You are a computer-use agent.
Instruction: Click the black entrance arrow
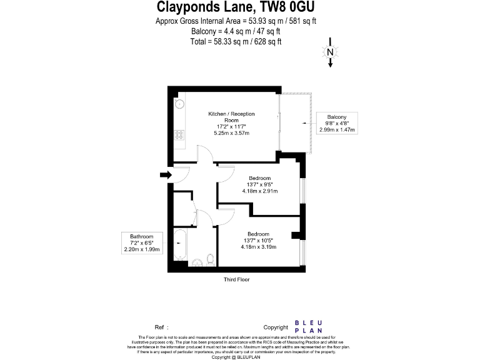click(x=165, y=175)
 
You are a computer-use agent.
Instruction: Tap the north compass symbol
click(x=330, y=53)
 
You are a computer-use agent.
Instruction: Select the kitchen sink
click(x=178, y=104)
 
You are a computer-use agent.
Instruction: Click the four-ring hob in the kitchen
click(x=178, y=135)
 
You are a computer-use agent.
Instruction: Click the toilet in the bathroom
click(x=211, y=259)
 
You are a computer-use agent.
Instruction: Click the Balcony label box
click(x=337, y=123)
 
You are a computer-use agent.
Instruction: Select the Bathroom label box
click(x=142, y=242)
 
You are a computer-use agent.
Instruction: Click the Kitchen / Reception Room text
click(x=231, y=117)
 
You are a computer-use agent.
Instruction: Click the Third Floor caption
click(x=236, y=279)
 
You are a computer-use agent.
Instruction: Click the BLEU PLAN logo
click(x=308, y=327)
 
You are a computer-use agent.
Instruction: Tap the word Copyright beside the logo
click(x=276, y=327)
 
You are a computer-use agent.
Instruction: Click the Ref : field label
click(x=161, y=327)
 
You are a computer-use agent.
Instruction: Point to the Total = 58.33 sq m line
click(x=236, y=41)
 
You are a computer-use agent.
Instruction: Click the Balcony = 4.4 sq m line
click(x=236, y=31)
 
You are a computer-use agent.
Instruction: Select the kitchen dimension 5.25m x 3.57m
click(x=231, y=133)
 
